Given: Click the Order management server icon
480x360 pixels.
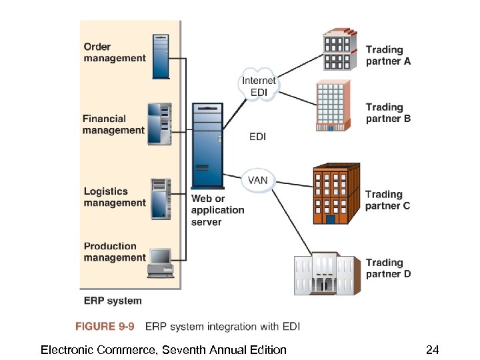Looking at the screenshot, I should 161,57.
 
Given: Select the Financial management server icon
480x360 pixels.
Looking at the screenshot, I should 160,125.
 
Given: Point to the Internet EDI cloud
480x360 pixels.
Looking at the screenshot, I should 258,85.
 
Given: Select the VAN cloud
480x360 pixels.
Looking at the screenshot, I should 258,180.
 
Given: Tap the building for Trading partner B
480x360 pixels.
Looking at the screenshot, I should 331,105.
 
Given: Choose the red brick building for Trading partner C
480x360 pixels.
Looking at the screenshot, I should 335,194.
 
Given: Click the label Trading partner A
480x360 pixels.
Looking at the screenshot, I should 388,55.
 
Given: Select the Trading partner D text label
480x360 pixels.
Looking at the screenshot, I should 388,269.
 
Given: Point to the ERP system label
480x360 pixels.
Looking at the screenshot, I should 112,301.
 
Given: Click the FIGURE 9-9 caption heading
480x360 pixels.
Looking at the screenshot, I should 104,327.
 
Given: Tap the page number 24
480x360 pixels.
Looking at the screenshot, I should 432,349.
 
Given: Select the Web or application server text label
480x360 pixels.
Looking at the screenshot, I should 217,210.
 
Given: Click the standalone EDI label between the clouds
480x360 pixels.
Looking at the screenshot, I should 257,137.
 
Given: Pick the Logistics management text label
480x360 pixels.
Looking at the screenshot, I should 114,197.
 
